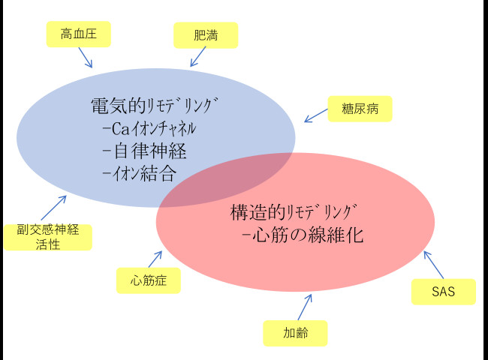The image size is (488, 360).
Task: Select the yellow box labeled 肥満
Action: (205, 34)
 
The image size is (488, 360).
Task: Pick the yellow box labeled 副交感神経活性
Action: (48, 236)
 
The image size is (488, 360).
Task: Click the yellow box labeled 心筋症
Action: (149, 280)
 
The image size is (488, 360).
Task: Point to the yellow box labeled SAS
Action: (444, 292)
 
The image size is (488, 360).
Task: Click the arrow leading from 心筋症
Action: (155, 259)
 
